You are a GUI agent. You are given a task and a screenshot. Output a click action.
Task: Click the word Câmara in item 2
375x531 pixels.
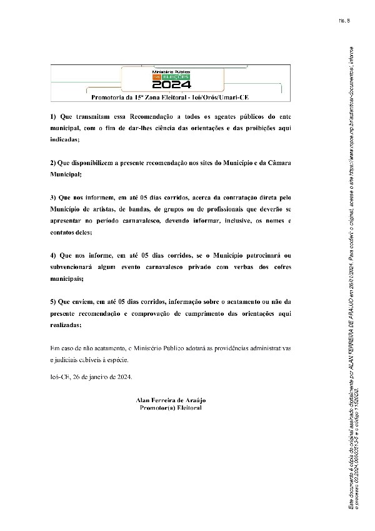pyautogui.click(x=280, y=163)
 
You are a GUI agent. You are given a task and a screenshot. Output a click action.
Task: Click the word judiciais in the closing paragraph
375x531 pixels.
pyautogui.click(x=74, y=359)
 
